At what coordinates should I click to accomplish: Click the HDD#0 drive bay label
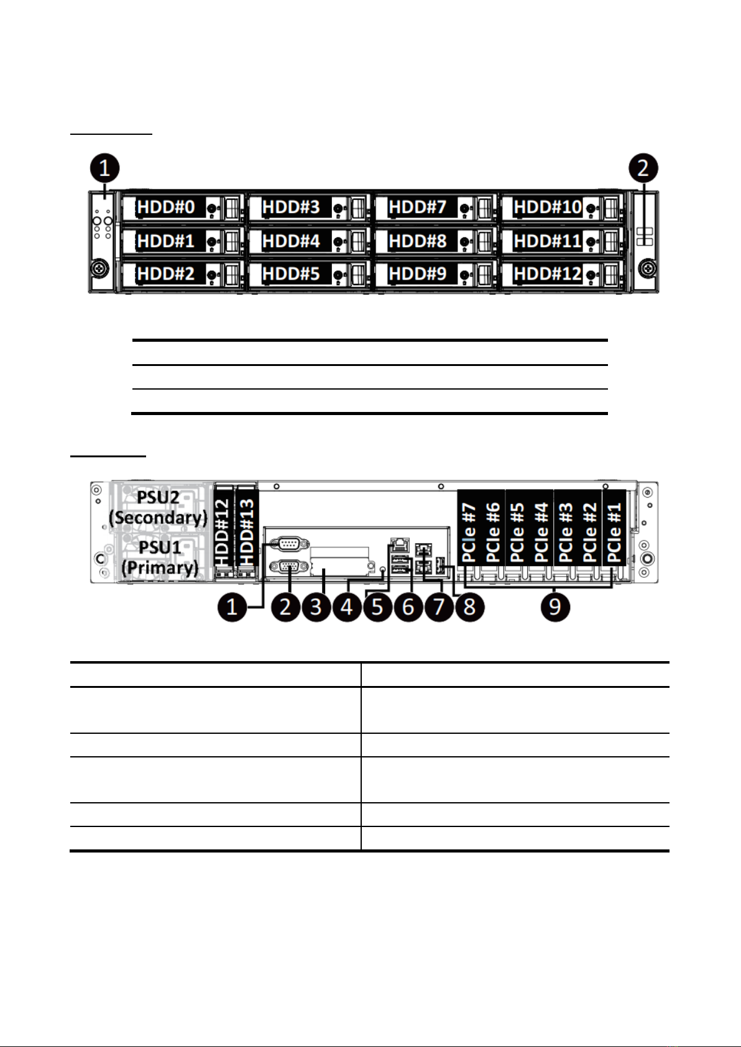click(x=166, y=206)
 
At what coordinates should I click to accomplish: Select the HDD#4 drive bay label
click(x=291, y=240)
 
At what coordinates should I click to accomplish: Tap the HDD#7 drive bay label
click(x=418, y=206)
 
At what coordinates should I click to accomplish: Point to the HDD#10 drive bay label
click(x=548, y=206)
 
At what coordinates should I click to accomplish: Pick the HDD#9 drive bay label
click(x=418, y=273)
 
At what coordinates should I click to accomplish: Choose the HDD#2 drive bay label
click(x=166, y=273)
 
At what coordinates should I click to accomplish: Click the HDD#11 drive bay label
click(x=548, y=240)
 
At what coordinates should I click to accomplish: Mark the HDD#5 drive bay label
click(x=291, y=273)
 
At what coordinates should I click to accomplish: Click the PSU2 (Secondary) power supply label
click(x=158, y=508)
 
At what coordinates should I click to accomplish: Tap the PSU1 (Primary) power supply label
click(x=160, y=557)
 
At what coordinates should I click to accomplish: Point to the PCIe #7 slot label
click(x=469, y=532)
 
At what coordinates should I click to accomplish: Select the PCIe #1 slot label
click(x=614, y=532)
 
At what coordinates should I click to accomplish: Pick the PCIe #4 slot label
click(x=541, y=532)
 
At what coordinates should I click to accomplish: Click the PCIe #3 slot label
click(x=566, y=532)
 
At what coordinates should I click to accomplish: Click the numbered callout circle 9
click(x=555, y=606)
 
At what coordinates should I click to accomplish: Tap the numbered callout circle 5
click(x=377, y=606)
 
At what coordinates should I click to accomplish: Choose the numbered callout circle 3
click(x=316, y=606)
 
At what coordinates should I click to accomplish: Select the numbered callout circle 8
click(x=469, y=606)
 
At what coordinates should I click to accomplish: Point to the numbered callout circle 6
click(x=408, y=606)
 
